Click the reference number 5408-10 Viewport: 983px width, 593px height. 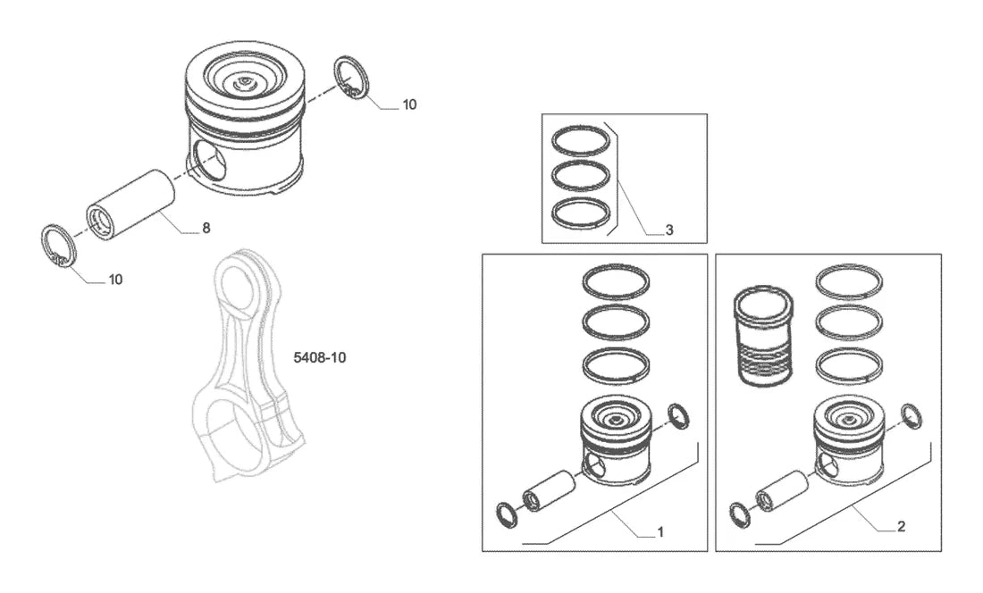point(320,357)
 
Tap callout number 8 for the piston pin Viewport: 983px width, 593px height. point(206,228)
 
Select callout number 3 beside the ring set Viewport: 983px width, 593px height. point(669,230)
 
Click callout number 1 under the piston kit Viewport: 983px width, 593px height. point(660,531)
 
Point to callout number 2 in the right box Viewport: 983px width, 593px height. point(902,527)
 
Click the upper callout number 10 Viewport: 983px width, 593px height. point(409,104)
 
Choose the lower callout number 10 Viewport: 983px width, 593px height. point(116,280)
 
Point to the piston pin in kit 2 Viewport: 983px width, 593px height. point(780,489)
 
